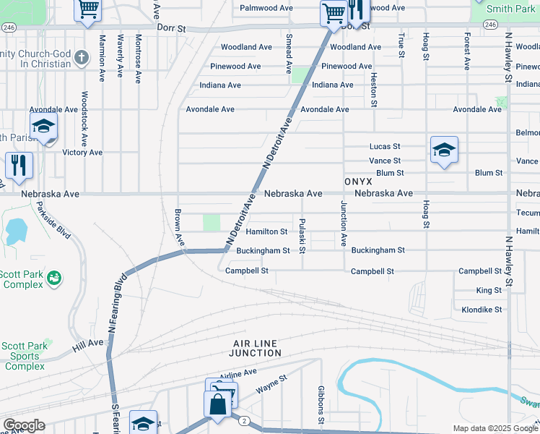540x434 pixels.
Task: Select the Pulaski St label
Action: tap(302, 236)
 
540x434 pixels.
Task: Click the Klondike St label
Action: tap(482, 310)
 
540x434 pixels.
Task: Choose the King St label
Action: tap(489, 290)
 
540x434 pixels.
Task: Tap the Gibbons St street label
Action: tap(321, 405)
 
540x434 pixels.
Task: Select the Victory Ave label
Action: tap(82, 153)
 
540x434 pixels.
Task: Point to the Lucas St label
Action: tap(385, 146)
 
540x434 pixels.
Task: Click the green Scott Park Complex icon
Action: tap(53, 278)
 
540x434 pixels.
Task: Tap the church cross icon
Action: tap(81, 57)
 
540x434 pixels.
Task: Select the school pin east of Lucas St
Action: tap(443, 150)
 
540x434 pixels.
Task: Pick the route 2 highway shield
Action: tap(245, 421)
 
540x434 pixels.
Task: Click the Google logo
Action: tap(23, 425)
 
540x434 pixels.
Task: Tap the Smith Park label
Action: tap(510, 9)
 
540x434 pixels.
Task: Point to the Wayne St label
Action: tap(272, 384)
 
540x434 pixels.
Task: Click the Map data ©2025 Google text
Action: tap(495, 428)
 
